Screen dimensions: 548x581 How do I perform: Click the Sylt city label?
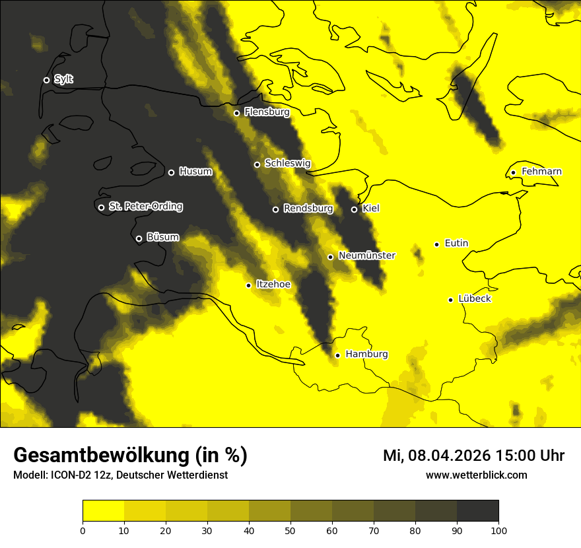63,79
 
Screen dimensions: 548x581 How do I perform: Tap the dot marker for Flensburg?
236,113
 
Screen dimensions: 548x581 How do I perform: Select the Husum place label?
195,172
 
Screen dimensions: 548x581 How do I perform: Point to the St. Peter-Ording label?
145,207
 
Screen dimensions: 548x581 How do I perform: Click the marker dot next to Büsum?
139,239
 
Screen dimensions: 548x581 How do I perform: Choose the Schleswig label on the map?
287,163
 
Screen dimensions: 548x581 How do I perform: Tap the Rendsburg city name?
308,209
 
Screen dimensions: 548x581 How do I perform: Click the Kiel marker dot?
354,209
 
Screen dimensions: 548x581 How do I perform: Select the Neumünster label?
366,256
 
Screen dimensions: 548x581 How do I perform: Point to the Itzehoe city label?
273,284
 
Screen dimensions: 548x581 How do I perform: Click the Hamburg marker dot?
337,355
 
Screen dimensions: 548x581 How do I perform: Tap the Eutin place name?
456,244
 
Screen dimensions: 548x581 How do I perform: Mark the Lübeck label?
474,299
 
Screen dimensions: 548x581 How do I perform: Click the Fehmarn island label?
541,172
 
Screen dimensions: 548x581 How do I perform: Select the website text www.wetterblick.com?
476,475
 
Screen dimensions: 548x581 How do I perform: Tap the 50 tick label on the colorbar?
290,530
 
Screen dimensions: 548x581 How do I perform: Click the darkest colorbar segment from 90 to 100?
477,511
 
